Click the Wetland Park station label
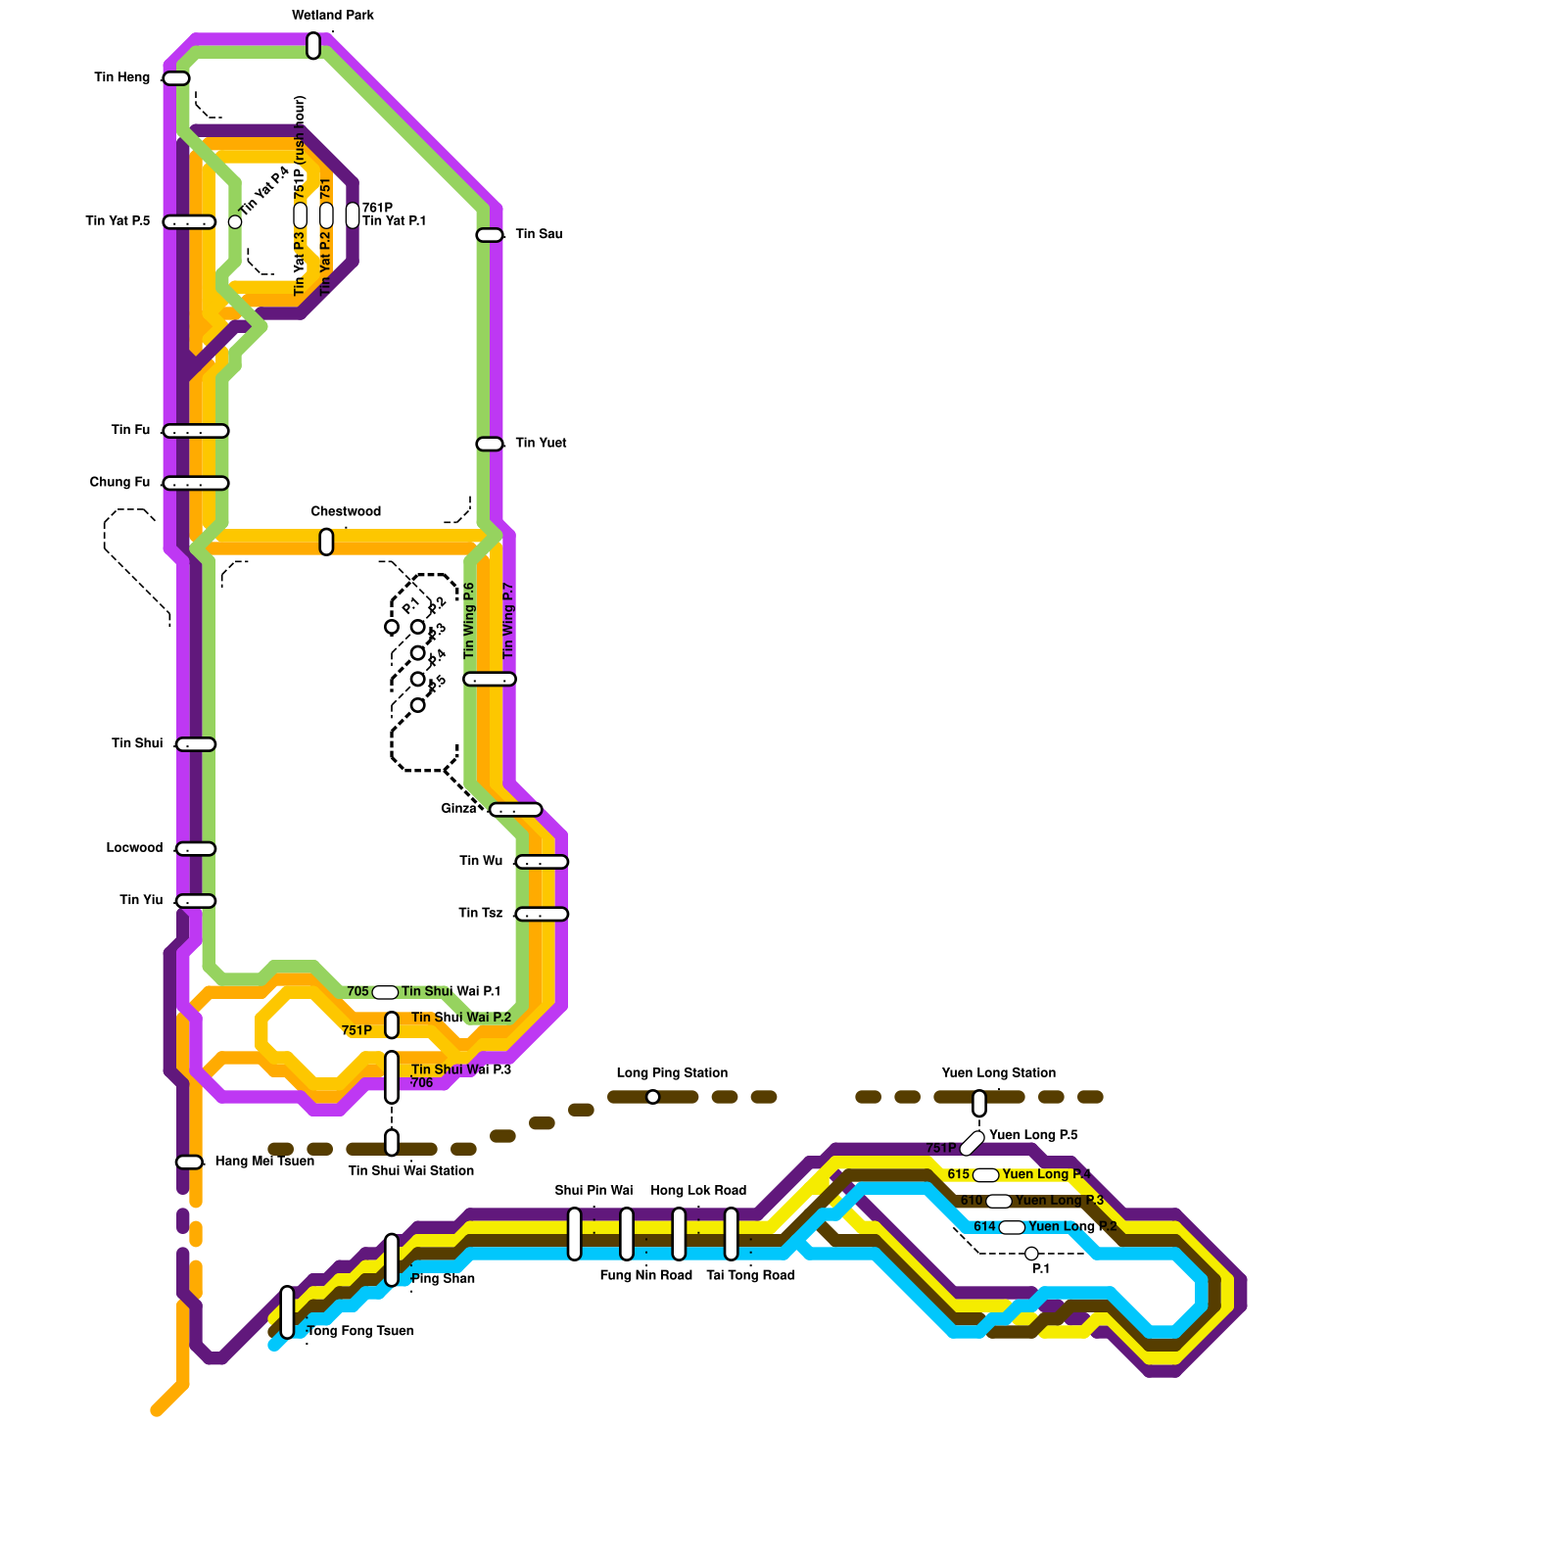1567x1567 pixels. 333,16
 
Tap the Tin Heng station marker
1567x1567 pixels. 176,78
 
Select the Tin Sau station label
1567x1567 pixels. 539,234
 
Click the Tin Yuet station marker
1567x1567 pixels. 490,444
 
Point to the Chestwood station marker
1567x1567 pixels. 326,542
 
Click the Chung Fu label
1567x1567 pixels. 119,482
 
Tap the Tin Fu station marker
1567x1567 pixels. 196,431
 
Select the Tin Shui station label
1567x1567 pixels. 137,743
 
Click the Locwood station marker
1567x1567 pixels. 196,849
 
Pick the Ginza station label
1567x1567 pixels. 458,809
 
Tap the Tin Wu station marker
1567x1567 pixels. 542,862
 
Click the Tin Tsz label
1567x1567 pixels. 480,913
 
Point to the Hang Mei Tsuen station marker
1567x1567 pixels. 189,1162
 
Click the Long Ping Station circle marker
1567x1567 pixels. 653,1097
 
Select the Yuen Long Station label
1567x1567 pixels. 998,1072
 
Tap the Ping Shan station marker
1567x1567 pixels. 392,1259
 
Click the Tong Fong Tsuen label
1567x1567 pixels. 360,1331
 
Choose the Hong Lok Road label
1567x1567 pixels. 698,1191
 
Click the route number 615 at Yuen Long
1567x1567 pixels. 958,1174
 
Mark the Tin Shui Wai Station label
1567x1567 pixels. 410,1170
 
